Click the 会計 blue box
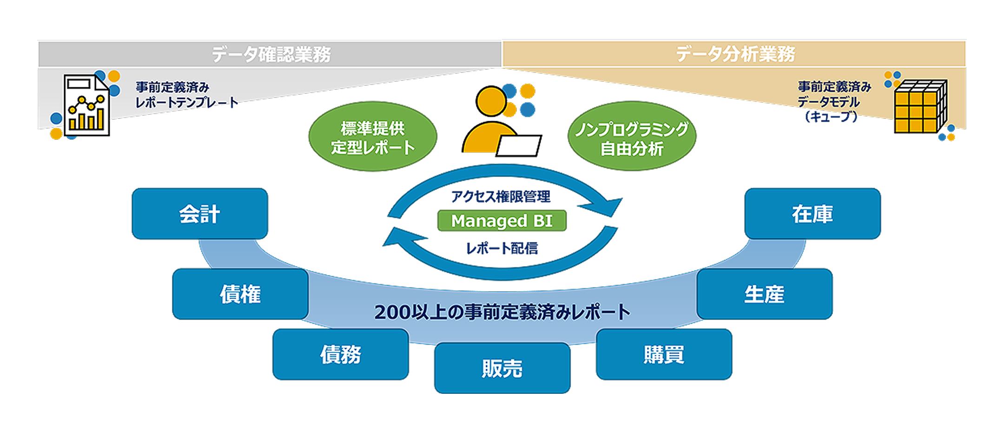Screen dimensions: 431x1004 coord(200,214)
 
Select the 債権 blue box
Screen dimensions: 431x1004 coord(240,294)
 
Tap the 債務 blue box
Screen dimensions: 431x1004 coord(341,354)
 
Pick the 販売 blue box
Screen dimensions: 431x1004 coord(502,368)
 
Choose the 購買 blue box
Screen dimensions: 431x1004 coord(664,354)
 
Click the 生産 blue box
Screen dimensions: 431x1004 coord(764,294)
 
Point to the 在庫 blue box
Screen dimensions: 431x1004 coord(812,214)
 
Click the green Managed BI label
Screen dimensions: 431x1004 coord(502,221)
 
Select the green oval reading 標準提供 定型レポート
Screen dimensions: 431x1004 coord(373,137)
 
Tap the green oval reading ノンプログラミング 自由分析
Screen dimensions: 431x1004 coord(632,137)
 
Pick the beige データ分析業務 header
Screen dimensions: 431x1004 coord(734,54)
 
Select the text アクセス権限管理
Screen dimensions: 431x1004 coord(501,196)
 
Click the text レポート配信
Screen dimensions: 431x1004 coord(502,248)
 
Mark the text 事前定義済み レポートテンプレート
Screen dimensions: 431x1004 coord(186,95)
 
